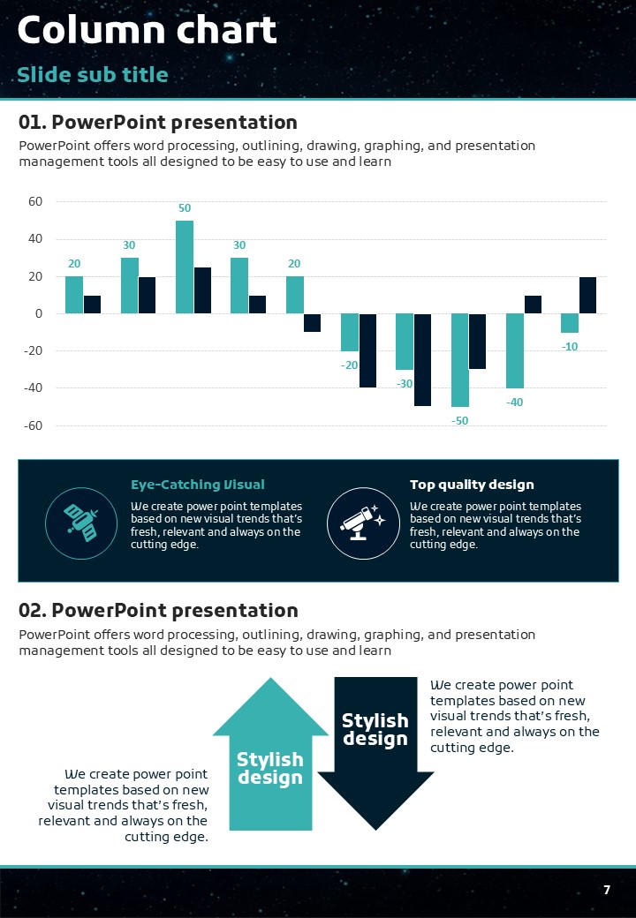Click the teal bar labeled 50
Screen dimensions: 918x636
(185, 267)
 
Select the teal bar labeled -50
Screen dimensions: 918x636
(459, 359)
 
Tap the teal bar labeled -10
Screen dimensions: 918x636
(570, 323)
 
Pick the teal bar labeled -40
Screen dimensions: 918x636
(514, 350)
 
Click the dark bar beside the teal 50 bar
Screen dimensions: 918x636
(202, 290)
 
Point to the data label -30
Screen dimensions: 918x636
(405, 384)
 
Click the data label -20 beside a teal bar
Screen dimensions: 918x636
(349, 365)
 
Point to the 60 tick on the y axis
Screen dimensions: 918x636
(35, 201)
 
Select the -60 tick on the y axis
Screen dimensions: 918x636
(33, 425)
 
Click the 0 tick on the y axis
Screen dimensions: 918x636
(39, 313)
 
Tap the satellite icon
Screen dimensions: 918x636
(82, 522)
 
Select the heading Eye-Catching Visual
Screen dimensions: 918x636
(197, 485)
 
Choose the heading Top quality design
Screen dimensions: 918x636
(472, 485)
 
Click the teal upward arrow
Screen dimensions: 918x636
(270, 759)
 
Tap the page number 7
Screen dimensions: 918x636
(607, 890)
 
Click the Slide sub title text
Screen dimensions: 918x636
(93, 74)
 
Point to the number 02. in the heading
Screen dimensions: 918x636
(33, 610)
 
